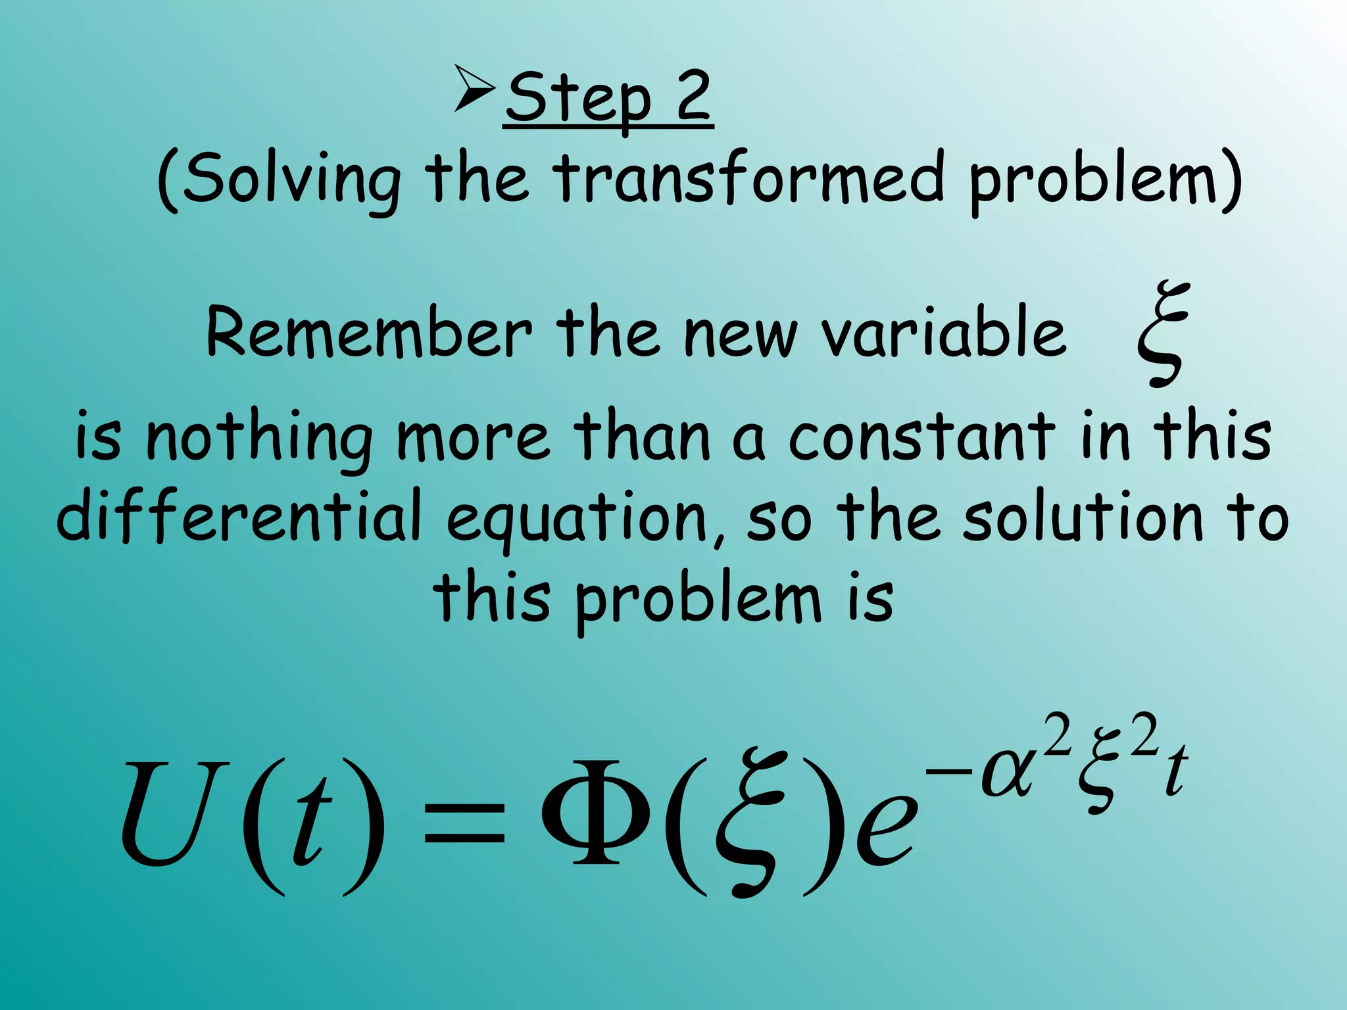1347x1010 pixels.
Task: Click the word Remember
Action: pyautogui.click(x=368, y=333)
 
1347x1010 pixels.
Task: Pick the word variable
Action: pyautogui.click(x=943, y=333)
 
